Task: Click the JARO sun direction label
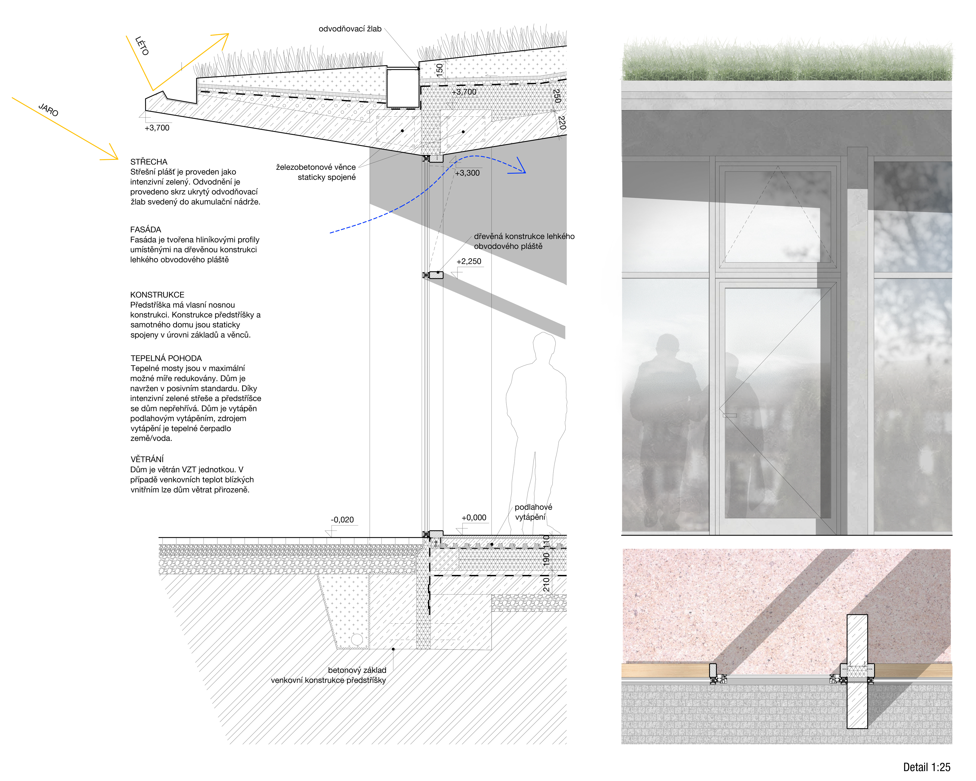49,110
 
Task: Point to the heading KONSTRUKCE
157,295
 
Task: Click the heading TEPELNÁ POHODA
166,358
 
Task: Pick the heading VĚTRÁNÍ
147,459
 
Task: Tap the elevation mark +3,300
467,173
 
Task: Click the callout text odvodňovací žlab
350,29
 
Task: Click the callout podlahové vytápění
533,512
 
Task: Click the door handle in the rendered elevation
729,415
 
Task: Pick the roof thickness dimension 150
439,69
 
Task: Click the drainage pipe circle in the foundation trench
357,639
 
